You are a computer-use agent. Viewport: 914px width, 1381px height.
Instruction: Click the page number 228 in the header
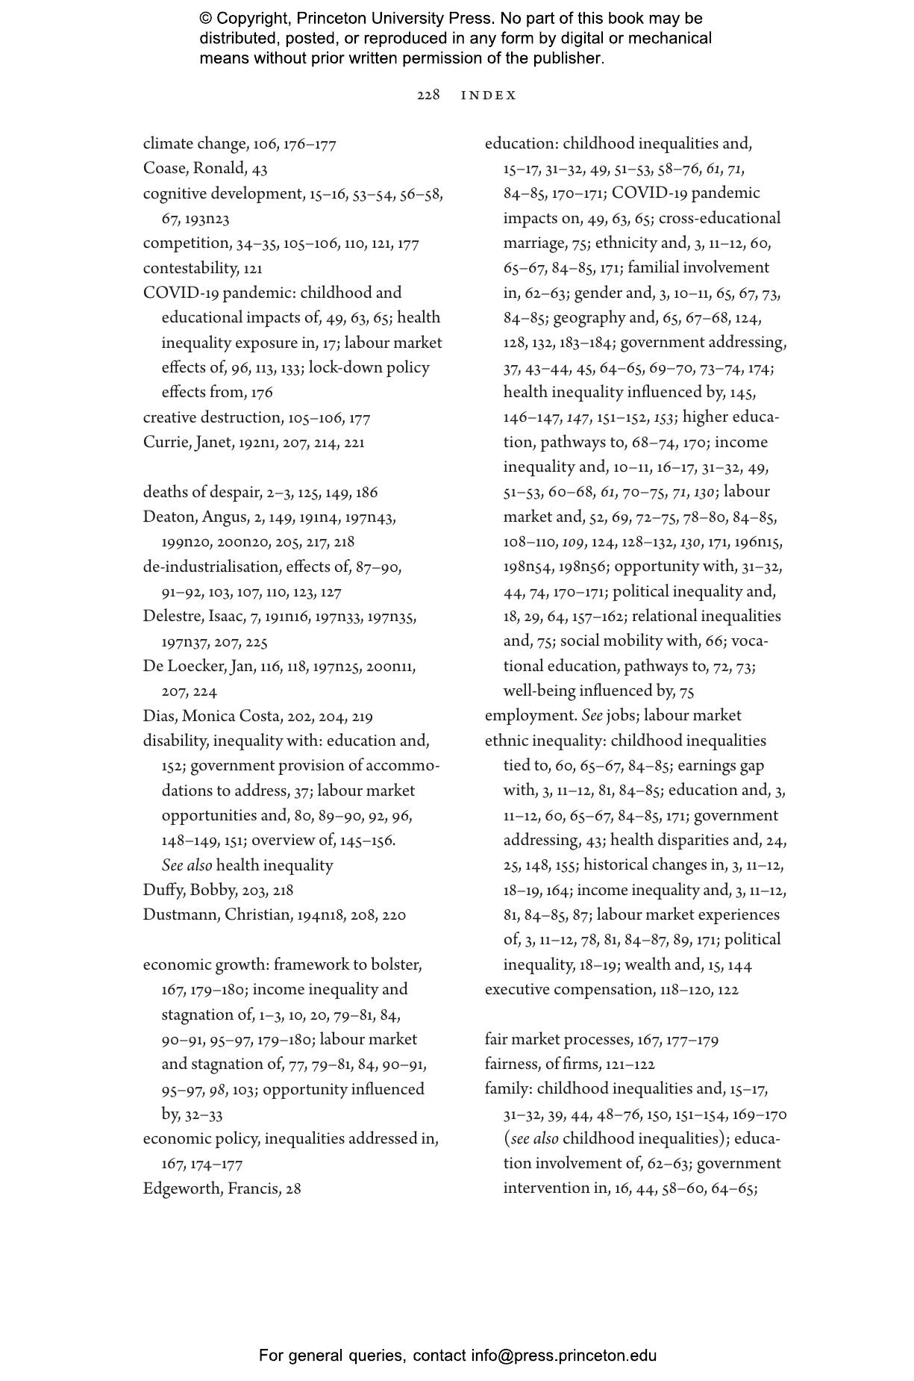(428, 95)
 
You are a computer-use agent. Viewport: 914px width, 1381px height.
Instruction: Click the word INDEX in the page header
(489, 95)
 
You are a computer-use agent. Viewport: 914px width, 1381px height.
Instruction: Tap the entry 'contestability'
(190, 268)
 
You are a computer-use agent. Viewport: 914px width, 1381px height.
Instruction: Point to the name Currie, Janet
(188, 442)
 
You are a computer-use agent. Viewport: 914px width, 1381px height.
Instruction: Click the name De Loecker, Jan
(198, 666)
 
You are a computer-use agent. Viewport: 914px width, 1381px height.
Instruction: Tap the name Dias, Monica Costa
(213, 716)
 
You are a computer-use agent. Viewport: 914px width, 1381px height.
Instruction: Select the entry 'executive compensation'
(569, 989)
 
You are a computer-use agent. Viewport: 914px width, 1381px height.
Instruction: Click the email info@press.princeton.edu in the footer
(563, 1356)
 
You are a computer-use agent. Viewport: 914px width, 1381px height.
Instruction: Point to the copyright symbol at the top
(206, 19)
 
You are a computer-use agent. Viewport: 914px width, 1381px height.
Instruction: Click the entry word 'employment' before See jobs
(530, 715)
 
